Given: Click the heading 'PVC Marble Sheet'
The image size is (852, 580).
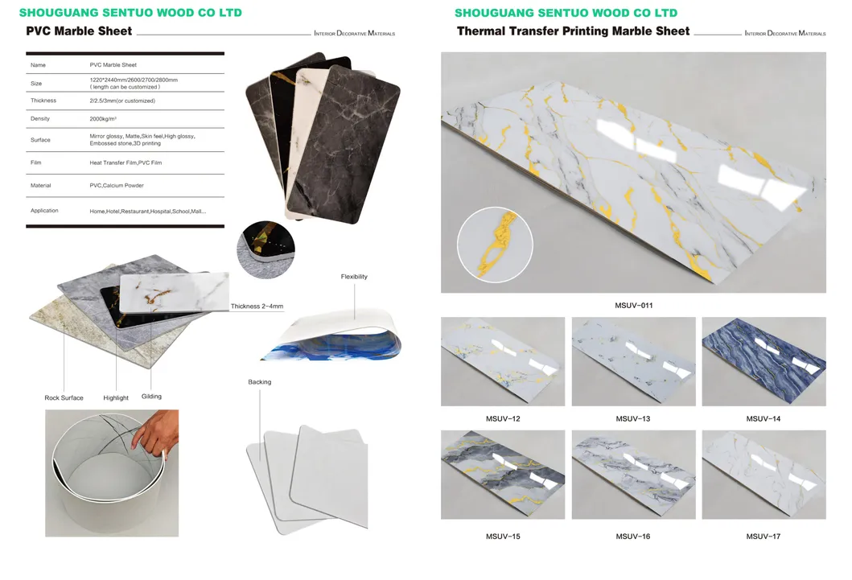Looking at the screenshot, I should click(79, 31).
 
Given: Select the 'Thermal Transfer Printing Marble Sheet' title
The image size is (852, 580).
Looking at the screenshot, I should click(573, 31).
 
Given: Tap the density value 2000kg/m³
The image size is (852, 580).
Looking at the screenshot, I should click(105, 118).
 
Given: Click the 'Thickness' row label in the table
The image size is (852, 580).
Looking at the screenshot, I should click(43, 101).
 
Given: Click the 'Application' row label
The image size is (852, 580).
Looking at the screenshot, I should click(44, 211).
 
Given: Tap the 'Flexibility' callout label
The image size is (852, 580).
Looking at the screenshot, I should click(354, 277).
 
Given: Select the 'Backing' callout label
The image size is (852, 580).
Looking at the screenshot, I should click(259, 382).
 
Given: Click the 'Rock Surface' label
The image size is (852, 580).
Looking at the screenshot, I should click(64, 398).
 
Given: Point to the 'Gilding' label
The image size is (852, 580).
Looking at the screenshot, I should click(151, 397).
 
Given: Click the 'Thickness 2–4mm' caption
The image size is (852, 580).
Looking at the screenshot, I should click(257, 306).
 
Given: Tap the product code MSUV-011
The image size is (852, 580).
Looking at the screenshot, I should click(633, 306).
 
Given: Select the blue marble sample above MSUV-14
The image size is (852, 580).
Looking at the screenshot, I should click(764, 361).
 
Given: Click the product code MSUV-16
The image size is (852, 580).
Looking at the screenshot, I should click(633, 537).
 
